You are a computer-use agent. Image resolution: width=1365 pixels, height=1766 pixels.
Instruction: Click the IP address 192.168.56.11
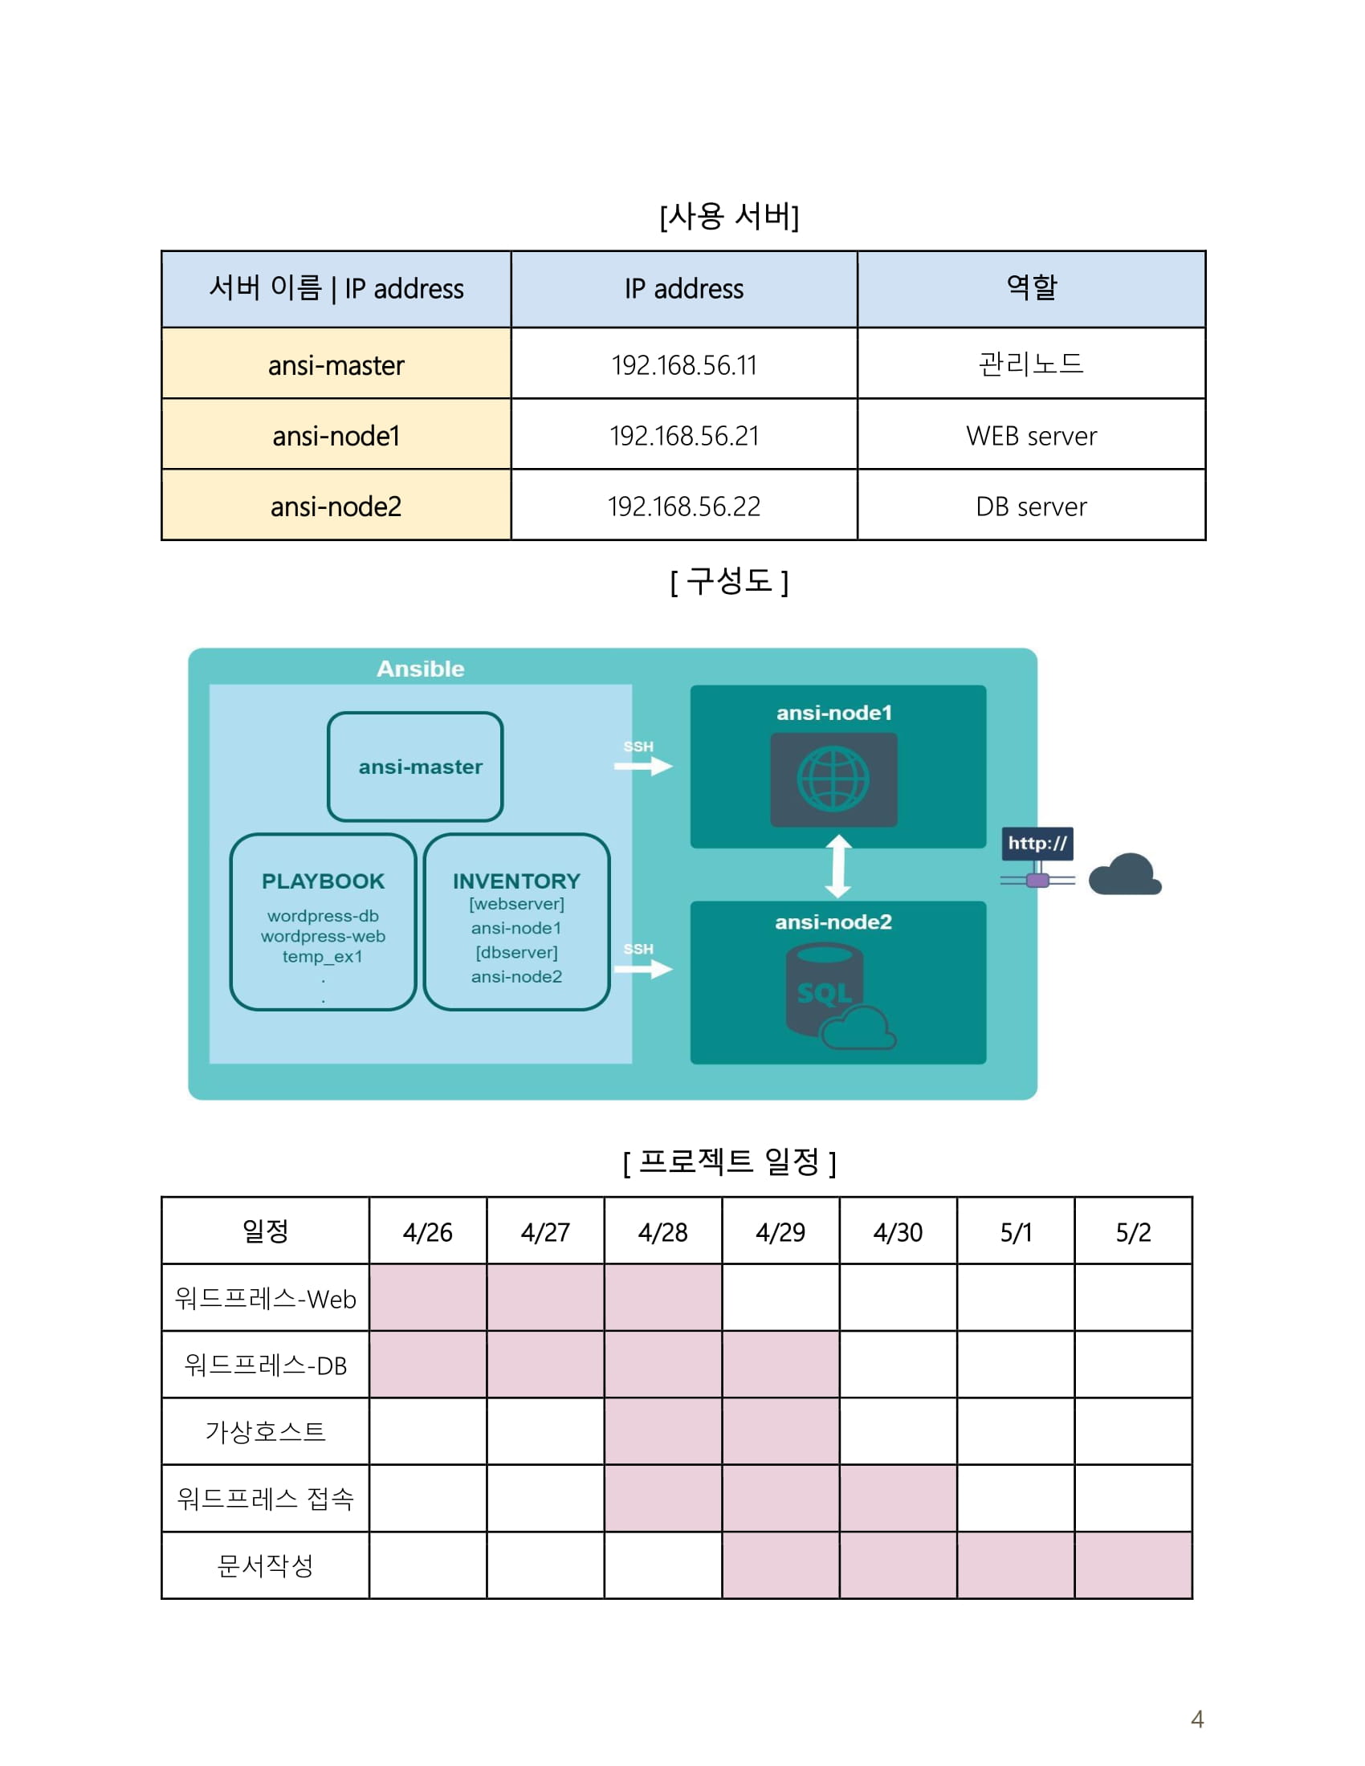click(683, 365)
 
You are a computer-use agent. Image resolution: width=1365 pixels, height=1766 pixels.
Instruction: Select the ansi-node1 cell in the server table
click(336, 437)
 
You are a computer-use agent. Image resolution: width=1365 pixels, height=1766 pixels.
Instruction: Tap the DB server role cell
click(1031, 507)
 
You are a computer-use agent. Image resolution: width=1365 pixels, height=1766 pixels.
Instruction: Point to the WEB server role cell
click(1031, 437)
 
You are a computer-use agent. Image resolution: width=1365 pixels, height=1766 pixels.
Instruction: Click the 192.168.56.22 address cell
click(683, 507)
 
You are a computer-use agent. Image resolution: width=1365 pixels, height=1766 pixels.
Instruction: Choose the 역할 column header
click(1031, 288)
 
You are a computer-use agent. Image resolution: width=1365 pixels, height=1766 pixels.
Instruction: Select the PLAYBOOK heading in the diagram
click(323, 881)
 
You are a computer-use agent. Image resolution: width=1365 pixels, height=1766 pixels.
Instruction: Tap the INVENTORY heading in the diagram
click(516, 881)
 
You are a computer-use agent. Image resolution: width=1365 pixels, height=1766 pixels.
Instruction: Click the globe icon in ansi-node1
click(833, 779)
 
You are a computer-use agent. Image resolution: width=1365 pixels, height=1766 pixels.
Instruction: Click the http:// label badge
click(1037, 844)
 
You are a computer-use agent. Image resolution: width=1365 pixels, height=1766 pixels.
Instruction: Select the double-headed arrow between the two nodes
click(837, 866)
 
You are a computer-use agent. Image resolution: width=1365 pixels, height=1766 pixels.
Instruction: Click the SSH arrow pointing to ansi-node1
click(644, 765)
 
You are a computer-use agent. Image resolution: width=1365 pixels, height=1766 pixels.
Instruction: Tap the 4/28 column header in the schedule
click(662, 1231)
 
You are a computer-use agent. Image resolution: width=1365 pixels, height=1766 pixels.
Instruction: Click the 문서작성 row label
click(265, 1565)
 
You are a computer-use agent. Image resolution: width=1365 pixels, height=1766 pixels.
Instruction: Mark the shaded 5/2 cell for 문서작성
click(1133, 1565)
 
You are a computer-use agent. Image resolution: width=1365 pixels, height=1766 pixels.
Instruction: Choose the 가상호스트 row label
click(265, 1432)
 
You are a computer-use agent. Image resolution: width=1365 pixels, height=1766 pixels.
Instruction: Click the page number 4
click(1197, 1719)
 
